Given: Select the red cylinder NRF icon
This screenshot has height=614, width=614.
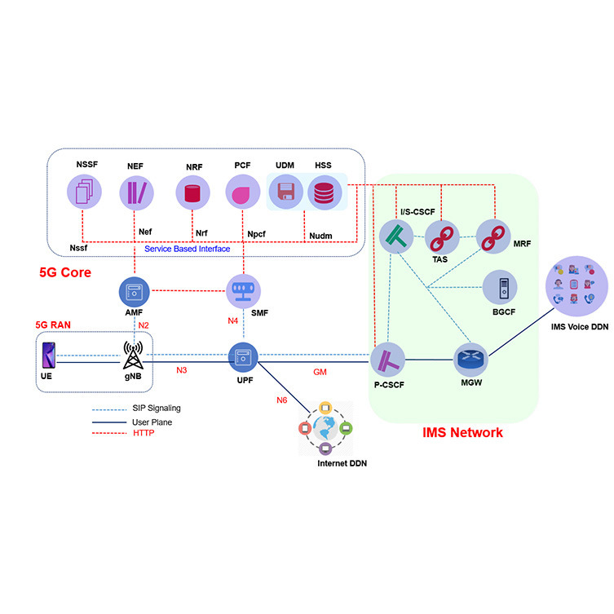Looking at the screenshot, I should coord(192,193).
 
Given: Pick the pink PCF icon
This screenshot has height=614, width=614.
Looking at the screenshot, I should coord(242,193).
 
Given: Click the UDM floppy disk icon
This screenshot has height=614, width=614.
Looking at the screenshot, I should coord(285,193).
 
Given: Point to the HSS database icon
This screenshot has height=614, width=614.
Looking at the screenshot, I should coord(324,193).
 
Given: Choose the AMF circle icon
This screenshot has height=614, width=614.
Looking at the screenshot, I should coord(134,291).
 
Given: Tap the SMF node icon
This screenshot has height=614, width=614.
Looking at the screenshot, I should coord(241,291).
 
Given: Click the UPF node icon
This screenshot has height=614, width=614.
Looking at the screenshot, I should coord(242,356).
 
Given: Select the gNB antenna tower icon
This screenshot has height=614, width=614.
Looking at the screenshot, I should coord(133,356).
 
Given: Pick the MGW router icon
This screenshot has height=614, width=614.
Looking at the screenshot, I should coord(470,360).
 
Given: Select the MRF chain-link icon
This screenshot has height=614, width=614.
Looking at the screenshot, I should coord(492,236).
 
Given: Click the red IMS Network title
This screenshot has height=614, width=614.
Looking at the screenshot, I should coord(462,432).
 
